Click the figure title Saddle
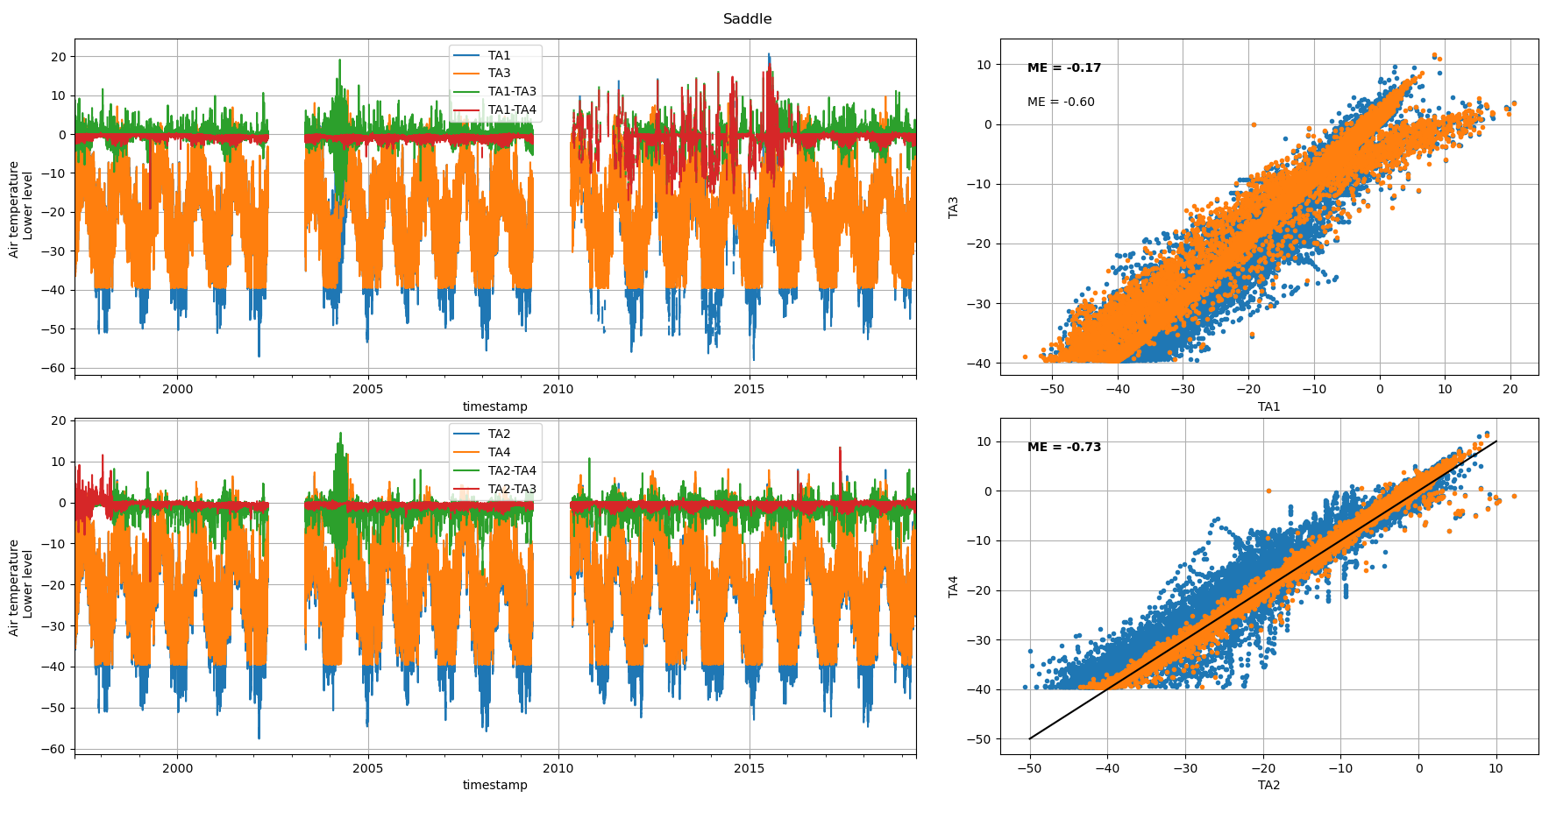click(x=747, y=19)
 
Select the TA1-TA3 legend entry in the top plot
click(x=512, y=92)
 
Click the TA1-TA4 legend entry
click(x=512, y=110)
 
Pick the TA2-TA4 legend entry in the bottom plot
click(x=512, y=471)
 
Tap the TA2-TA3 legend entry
click(x=512, y=490)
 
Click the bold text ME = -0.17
click(x=1064, y=68)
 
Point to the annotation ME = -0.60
click(x=1061, y=102)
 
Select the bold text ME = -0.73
click(x=1064, y=448)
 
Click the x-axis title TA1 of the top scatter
click(x=1268, y=407)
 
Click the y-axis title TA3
click(x=954, y=207)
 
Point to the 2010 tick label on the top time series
click(x=558, y=389)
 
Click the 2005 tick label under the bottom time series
click(x=367, y=768)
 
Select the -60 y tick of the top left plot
click(x=57, y=368)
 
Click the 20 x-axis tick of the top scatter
click(x=1510, y=389)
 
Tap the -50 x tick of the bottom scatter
click(x=1029, y=768)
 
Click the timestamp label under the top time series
click(x=495, y=407)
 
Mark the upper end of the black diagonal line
click(x=1496, y=441)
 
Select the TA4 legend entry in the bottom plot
click(x=499, y=453)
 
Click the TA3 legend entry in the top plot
click(x=499, y=74)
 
